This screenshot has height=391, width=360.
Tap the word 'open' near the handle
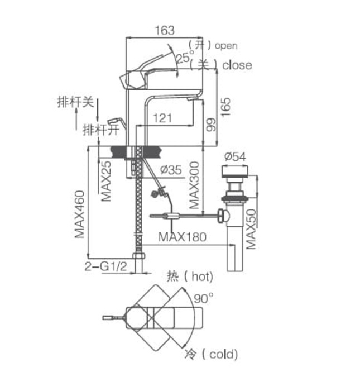[x=225, y=46]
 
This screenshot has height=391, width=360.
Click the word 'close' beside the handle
[x=237, y=65]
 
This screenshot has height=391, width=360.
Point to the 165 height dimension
[x=225, y=106]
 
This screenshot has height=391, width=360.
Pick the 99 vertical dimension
[x=210, y=125]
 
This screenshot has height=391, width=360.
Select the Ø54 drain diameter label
[x=234, y=157]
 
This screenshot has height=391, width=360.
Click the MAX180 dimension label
[x=182, y=236]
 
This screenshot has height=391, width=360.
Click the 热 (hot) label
[x=190, y=276]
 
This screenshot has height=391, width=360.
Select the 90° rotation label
[x=204, y=299]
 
